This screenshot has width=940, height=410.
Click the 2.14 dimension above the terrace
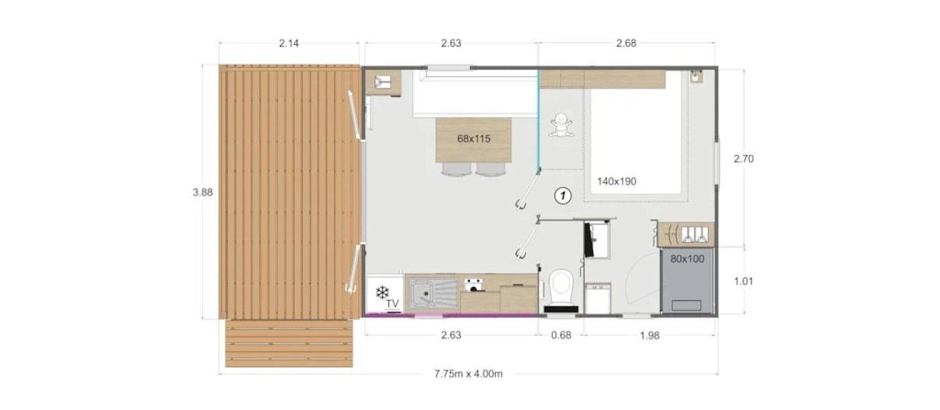coord(289,44)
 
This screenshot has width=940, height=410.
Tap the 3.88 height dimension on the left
coord(202,192)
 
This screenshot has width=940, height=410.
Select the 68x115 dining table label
coord(474,139)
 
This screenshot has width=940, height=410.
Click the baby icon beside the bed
coord(561,125)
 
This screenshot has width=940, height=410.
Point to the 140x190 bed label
coord(616,181)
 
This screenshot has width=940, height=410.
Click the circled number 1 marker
coord(563,196)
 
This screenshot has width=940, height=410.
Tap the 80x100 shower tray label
coord(687,258)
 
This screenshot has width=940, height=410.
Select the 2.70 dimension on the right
coord(744,159)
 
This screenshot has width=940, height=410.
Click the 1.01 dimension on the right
coord(743,281)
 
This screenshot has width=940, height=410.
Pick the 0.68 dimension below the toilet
coord(561,336)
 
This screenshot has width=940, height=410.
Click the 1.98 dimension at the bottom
coord(649,336)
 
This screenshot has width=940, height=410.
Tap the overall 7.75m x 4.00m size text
coord(468,374)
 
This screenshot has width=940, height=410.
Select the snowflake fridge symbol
coord(382,293)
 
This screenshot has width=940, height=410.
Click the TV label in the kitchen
coord(393,304)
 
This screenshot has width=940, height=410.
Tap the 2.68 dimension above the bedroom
coord(626,44)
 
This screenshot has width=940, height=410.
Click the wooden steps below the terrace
coord(289,343)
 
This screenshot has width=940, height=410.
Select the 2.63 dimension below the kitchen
coord(451,336)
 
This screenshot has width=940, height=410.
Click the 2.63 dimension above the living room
coord(451,44)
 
